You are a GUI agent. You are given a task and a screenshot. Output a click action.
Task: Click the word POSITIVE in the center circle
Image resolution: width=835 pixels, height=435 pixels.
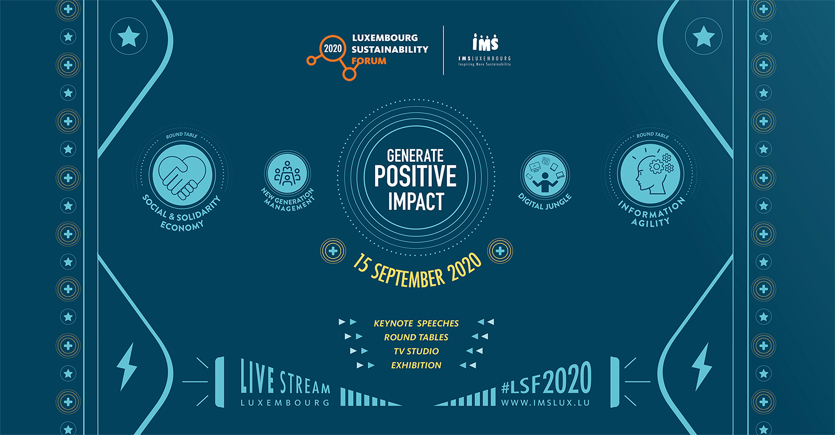tap(415, 176)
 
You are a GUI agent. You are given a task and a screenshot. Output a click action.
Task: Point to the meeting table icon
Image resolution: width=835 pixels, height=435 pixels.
tap(287, 172)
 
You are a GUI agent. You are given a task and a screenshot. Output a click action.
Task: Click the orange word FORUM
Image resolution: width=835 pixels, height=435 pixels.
tap(369, 61)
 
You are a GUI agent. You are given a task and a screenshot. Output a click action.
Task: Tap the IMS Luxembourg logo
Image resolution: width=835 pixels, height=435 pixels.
tap(484, 50)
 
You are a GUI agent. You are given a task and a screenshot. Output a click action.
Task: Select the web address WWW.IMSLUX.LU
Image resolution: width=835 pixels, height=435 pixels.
tap(545, 402)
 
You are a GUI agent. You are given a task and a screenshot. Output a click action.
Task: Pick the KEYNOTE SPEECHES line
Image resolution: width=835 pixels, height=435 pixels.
tap(416, 323)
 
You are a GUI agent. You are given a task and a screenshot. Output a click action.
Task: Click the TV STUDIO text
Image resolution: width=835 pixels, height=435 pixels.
tap(416, 351)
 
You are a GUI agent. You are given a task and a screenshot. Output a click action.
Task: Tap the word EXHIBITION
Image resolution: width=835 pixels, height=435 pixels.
tap(416, 365)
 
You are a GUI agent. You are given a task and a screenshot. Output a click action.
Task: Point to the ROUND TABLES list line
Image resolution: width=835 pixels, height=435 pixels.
tap(416, 337)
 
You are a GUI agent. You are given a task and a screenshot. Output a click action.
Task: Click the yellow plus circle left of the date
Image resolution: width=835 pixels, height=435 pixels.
tap(333, 251)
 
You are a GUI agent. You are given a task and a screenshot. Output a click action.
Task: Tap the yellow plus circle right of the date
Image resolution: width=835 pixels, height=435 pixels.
tap(500, 251)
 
